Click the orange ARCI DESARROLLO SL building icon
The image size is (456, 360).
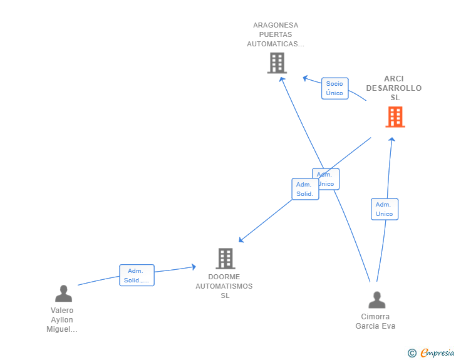[x=395, y=117]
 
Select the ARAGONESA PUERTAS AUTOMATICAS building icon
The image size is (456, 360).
[x=276, y=63]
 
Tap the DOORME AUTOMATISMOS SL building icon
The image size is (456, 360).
[x=225, y=258]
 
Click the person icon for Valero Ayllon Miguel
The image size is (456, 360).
[x=63, y=293]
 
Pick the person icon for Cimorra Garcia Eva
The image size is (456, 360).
[x=376, y=300]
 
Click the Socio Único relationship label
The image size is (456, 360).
[x=334, y=88]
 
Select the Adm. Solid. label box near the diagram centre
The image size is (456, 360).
[x=305, y=189]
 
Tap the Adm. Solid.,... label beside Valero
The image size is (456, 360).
[x=137, y=275]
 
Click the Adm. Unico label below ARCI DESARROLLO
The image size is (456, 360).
[x=384, y=209]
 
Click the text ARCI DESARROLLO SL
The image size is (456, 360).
[x=394, y=88]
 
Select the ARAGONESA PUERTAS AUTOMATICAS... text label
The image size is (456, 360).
[x=276, y=35]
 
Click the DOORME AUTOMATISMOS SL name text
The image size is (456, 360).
[x=224, y=286]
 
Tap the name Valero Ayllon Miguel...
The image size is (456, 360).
[x=62, y=320]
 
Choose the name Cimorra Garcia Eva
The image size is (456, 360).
[x=375, y=321]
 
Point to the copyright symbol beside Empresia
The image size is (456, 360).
[x=412, y=353]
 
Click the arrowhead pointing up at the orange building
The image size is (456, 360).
[x=392, y=140]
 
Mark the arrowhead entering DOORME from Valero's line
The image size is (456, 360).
[x=193, y=267]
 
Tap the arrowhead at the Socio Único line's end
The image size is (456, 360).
[x=305, y=78]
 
